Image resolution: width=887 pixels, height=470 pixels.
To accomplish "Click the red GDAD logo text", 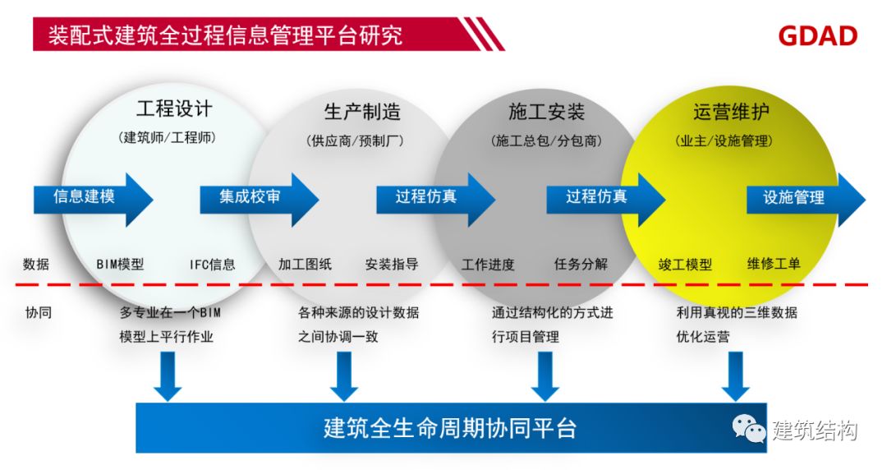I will (x=817, y=35).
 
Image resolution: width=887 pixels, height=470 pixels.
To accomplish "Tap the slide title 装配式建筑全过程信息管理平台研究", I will (x=225, y=36).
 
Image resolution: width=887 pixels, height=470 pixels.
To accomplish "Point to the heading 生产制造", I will (x=362, y=111).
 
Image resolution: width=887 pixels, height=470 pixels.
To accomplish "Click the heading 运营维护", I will (x=731, y=111).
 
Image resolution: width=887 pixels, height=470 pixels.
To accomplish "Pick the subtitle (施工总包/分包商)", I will (x=547, y=141).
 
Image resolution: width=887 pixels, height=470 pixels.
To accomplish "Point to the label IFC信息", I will (x=212, y=265).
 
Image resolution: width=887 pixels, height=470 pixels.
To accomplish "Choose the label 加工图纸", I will (x=305, y=265).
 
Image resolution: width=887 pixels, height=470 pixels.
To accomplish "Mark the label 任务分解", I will (x=581, y=265).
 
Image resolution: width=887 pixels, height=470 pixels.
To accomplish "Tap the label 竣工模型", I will (x=685, y=265).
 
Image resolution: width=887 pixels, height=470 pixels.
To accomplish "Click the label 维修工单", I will (x=774, y=265).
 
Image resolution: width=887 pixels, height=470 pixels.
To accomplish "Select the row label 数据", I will (x=36, y=265).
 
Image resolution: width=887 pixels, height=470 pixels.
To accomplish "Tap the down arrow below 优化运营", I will (x=735, y=376).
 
